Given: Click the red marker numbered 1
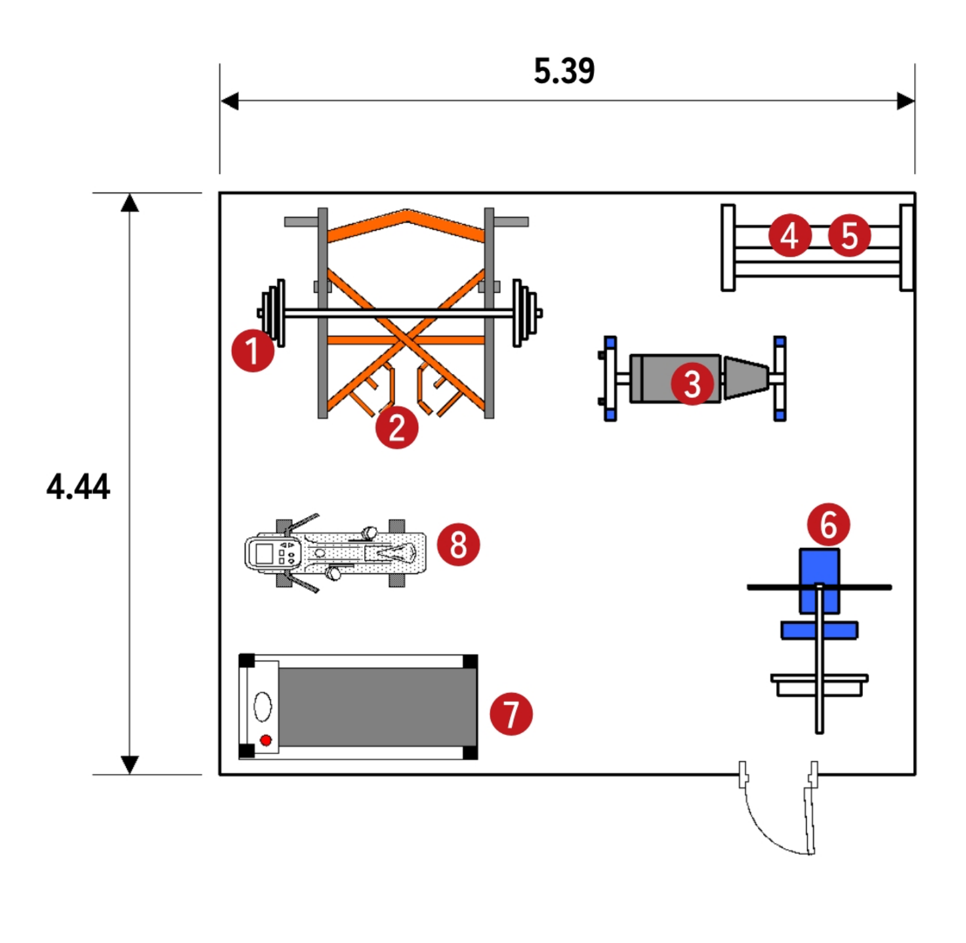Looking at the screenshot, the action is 253,351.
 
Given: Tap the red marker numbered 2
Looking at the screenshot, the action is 397,426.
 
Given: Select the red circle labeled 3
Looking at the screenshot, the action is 692,383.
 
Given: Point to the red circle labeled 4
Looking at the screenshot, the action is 790,235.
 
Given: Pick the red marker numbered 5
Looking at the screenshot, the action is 849,235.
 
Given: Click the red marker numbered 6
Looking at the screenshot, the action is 828,525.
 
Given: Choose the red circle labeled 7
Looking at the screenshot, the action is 511,713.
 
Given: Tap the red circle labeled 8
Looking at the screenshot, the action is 458,544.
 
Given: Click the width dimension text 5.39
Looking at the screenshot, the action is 564,70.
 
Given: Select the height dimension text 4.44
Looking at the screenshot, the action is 78,486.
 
